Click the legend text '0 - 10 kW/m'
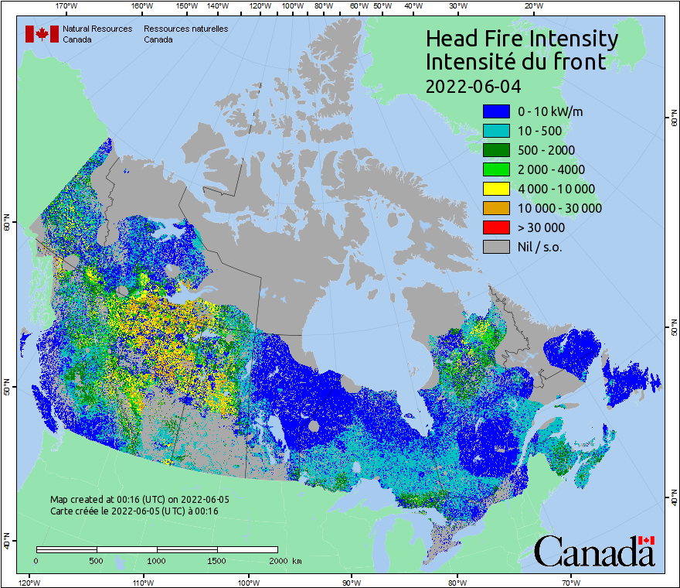(550, 111)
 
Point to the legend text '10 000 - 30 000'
(559, 208)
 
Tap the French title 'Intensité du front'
(515, 62)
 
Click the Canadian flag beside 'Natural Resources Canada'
(42, 33)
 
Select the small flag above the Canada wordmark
(646, 540)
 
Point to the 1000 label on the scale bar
(157, 560)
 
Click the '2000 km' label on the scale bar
(285, 560)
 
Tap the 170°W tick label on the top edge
(67, 6)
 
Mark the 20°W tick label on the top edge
(532, 6)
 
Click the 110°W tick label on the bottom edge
(142, 582)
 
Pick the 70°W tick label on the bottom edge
(570, 582)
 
